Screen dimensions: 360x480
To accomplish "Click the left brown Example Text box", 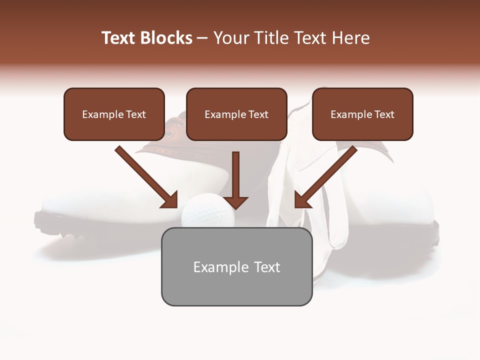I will pos(114,114).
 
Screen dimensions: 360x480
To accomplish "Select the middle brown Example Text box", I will pos(236,114).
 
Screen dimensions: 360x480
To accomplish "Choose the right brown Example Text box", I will pos(362,114).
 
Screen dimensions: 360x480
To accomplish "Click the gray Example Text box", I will pos(236,267).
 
